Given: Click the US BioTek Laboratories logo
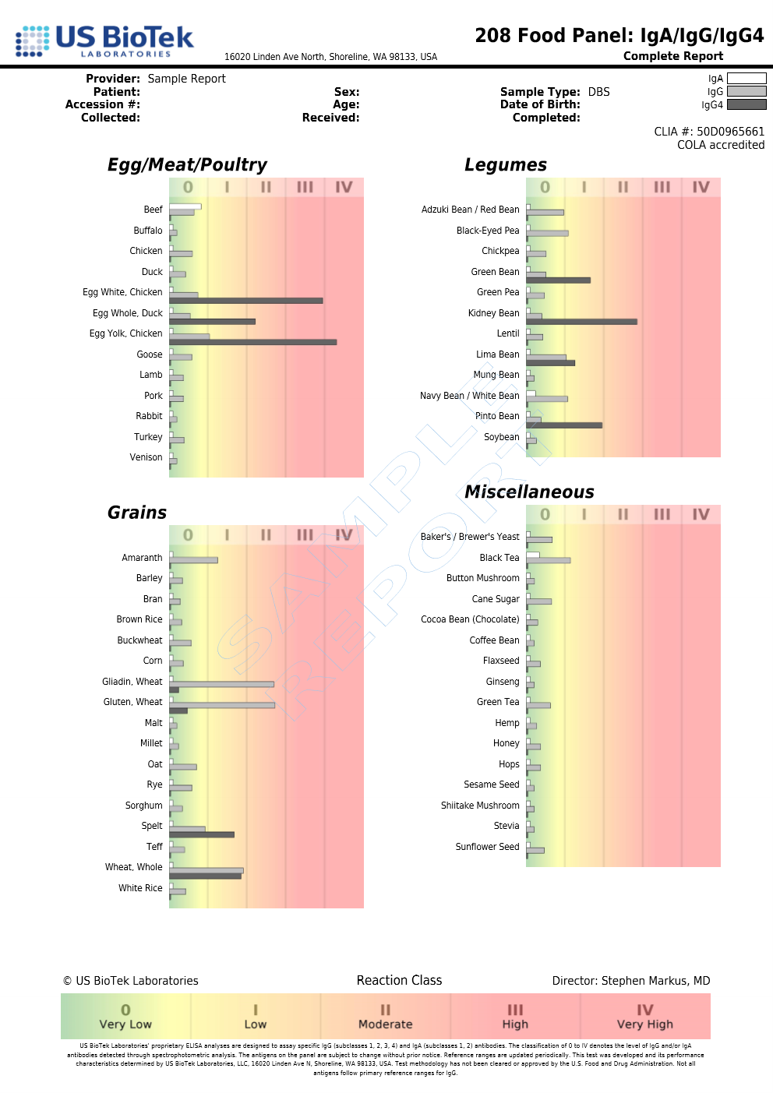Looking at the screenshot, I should coord(104,41).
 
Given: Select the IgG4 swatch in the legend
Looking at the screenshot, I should coord(746,104).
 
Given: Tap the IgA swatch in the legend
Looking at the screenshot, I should coord(746,78).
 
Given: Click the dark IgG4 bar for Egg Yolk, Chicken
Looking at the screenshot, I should coord(252,342).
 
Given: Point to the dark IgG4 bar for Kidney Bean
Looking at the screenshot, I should coord(581,321).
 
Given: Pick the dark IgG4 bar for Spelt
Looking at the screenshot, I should coord(202,834).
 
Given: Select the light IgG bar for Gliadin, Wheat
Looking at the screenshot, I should coord(222,684).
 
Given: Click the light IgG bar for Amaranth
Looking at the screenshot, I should coord(194,560).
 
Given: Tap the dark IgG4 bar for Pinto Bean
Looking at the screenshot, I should coord(564,425).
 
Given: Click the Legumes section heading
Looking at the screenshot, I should coord(505,164).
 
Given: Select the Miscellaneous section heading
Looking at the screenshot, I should coord(529,492).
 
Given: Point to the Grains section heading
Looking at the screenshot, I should coord(137,513).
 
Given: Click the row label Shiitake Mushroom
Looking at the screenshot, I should coord(480,806).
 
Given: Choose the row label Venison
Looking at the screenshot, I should coord(146,457).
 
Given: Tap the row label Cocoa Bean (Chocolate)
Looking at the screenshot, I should coord(470,619).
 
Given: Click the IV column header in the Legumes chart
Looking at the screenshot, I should coord(701,187).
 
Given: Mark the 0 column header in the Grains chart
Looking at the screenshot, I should coord(188,535).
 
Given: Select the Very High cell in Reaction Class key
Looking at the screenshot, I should coord(644,1016).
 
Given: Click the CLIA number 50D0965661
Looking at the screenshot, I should coord(730,132).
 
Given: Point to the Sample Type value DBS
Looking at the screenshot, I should coord(598,92).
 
